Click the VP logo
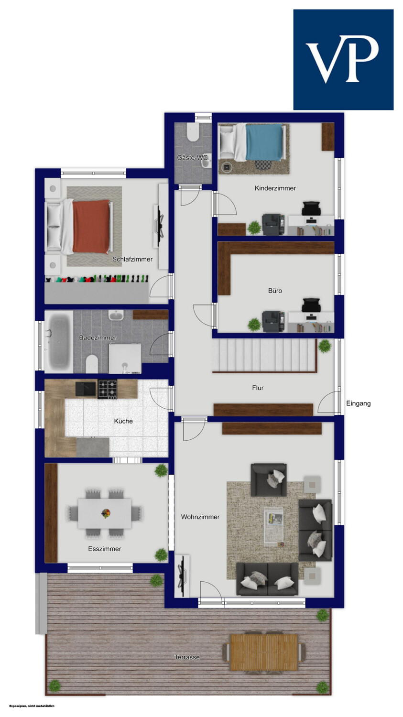coord(343,60)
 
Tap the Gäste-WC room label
coord(192,157)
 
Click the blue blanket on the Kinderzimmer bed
coord(264,142)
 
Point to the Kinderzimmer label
coord(275,188)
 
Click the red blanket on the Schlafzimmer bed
coord(91,226)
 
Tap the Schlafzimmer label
coord(132,259)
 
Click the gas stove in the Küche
coord(108,389)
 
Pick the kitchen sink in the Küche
coord(86,389)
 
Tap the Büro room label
coord(275,291)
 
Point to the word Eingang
coord(358,403)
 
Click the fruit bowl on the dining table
coord(106,513)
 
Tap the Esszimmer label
coord(105,549)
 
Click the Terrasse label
coord(187,657)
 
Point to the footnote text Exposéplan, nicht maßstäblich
coord(32,706)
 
